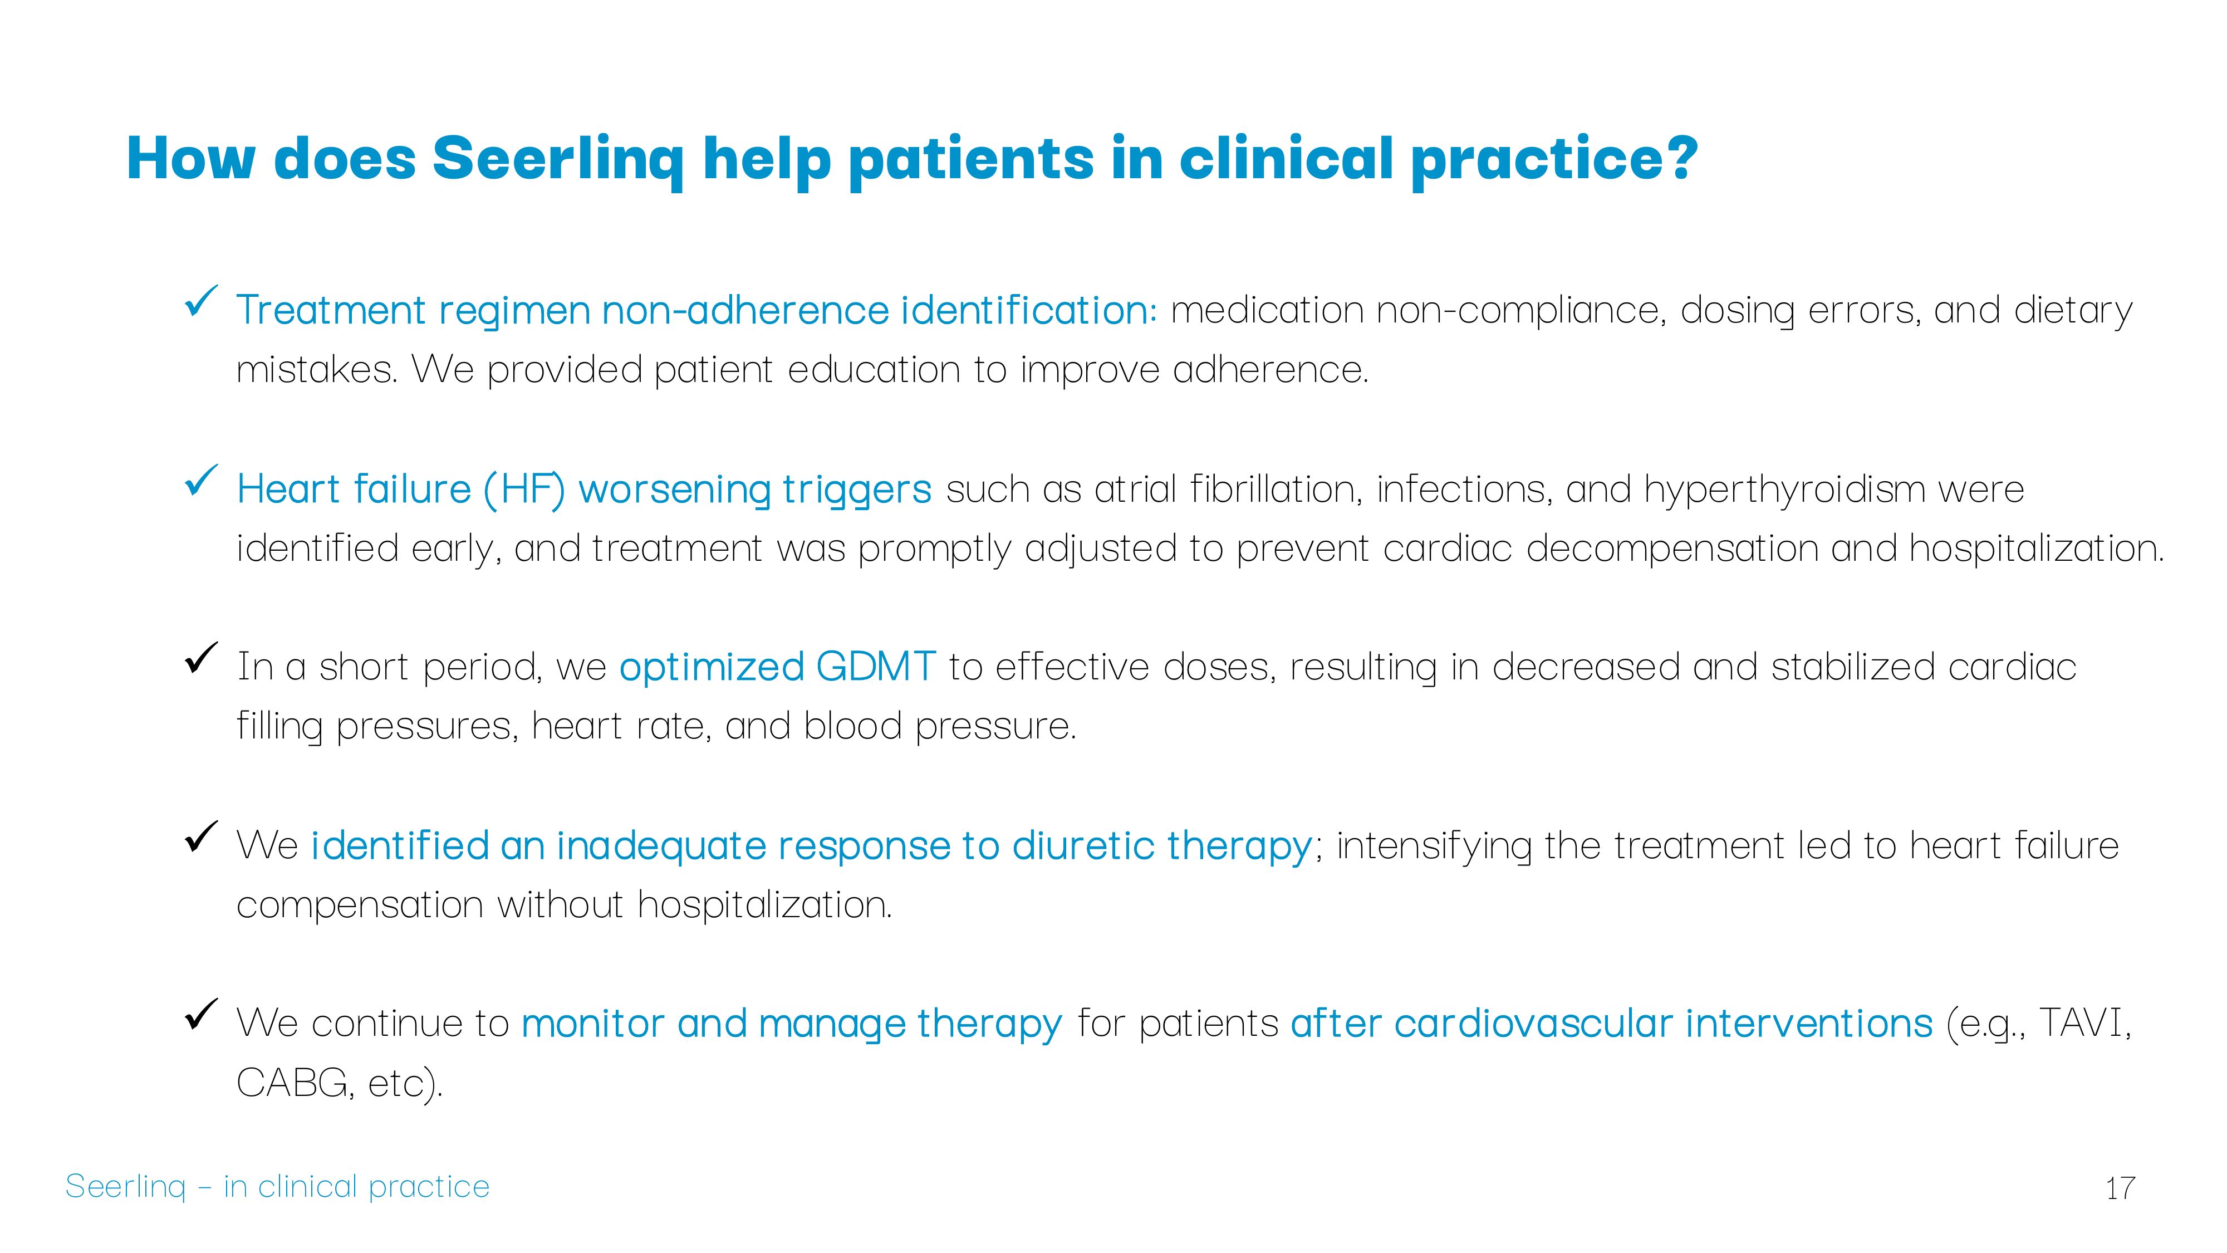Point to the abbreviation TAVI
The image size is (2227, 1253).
tap(2083, 1023)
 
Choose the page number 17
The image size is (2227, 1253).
tap(2121, 1188)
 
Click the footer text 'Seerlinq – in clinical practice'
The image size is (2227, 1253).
tap(277, 1186)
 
